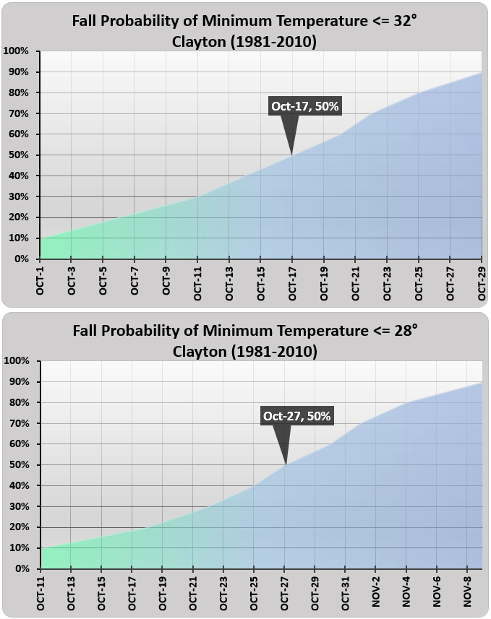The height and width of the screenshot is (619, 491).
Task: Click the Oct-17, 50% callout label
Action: click(304, 106)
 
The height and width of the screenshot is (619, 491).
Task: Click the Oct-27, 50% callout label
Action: click(296, 416)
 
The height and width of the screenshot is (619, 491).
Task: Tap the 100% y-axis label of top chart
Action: click(16, 51)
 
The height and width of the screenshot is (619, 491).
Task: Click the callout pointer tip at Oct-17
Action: click(291, 154)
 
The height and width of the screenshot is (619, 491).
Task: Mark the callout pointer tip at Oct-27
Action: click(286, 464)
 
